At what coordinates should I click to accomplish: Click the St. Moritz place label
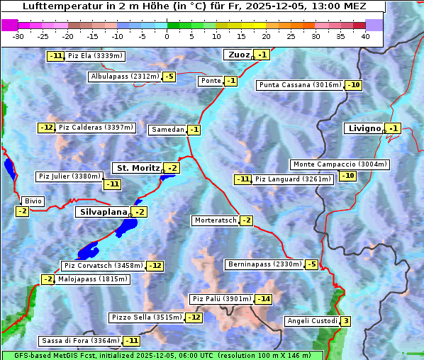[138, 168]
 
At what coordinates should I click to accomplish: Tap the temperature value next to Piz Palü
[264, 299]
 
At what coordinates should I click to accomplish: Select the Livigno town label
[364, 128]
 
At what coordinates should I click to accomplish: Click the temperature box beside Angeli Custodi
[345, 321]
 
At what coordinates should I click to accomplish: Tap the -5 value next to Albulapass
[169, 77]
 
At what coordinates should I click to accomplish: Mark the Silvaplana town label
[103, 212]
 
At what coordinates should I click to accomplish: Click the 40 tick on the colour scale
[366, 35]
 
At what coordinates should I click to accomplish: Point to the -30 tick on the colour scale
[18, 35]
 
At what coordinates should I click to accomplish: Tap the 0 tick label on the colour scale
[167, 35]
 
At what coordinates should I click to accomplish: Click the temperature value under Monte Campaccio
[347, 176]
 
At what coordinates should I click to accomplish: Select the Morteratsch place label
[215, 220]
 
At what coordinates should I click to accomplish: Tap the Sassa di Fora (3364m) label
[80, 341]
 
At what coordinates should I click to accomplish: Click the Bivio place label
[33, 201]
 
